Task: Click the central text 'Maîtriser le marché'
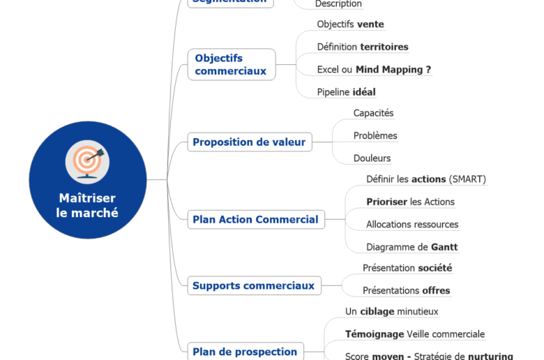(87, 206)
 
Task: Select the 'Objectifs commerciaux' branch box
(231, 65)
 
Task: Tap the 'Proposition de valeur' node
(249, 142)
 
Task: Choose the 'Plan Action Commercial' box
(255, 220)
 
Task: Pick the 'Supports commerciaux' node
(253, 285)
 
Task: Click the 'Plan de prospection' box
(245, 352)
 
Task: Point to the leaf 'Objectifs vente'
(350, 24)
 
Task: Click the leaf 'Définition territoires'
(363, 47)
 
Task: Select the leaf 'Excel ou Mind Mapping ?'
(374, 69)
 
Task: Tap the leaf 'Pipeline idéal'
(346, 92)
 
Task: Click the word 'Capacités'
(373, 113)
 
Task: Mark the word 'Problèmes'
(375, 135)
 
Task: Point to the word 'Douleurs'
(372, 158)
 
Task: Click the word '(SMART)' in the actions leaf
(467, 179)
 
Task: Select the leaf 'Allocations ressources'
(412, 225)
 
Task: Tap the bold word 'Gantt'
(444, 247)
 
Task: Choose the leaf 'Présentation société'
(407, 268)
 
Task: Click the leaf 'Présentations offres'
(406, 290)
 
